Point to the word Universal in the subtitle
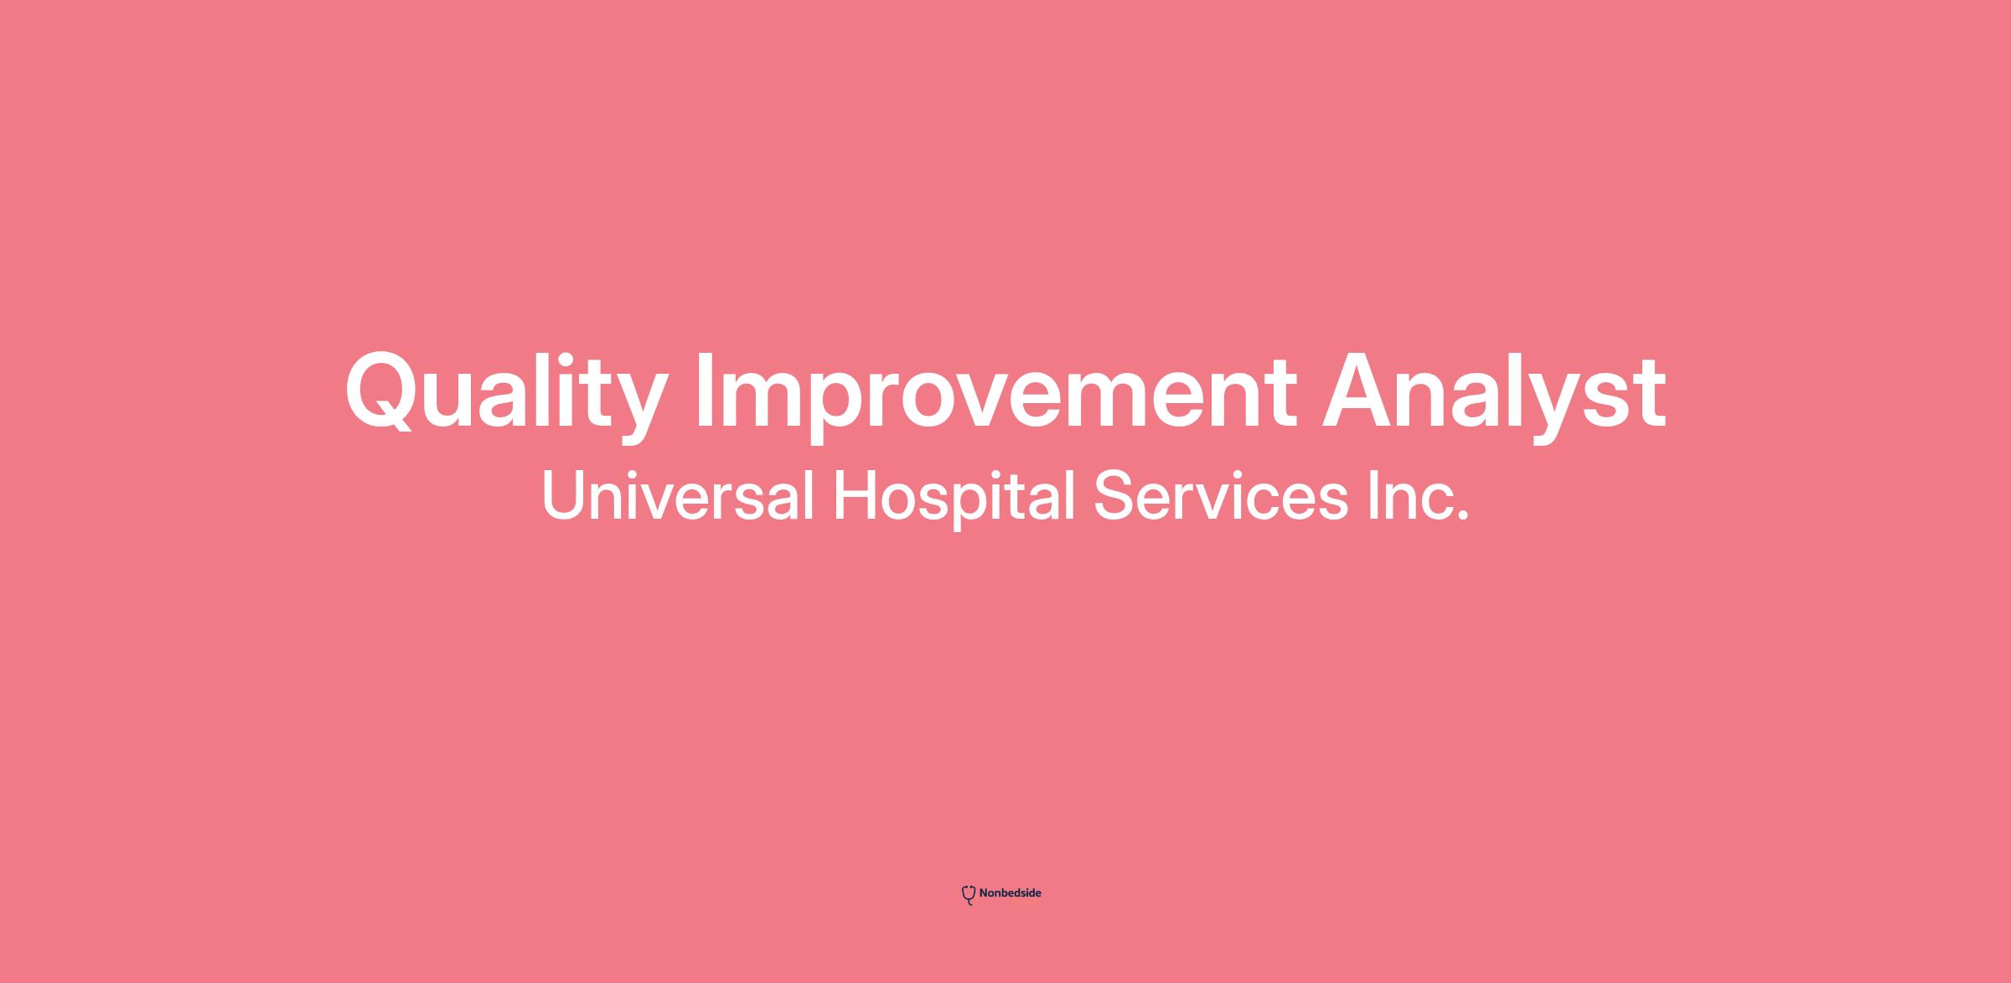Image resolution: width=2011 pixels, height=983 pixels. coord(678,495)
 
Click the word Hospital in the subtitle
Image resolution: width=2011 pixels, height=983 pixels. coord(954,499)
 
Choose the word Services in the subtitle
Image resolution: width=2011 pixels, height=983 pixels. coord(1221,496)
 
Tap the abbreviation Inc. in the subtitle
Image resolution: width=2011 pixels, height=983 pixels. coord(1419,496)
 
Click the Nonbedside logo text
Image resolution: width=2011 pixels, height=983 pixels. coord(1010,893)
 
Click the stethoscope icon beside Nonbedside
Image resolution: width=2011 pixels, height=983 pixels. coord(969,895)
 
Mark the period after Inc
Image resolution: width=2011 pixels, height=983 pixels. coord(1463,516)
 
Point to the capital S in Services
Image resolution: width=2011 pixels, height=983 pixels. coord(1113,496)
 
